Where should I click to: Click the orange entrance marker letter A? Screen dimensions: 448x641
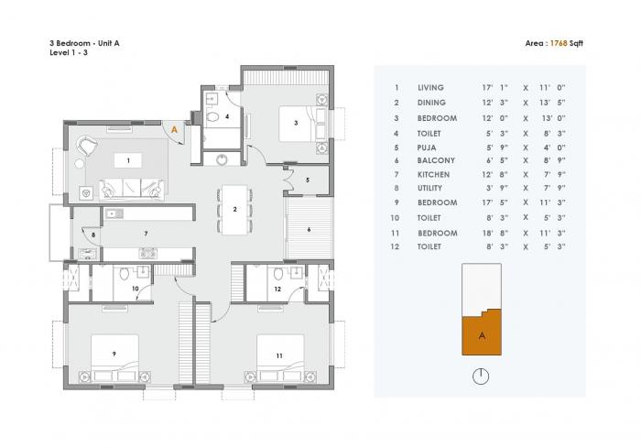click(x=175, y=130)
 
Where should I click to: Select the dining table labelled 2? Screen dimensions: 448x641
click(x=235, y=210)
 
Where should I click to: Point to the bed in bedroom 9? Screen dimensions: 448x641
click(x=114, y=355)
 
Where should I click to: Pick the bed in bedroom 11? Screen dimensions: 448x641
click(x=280, y=355)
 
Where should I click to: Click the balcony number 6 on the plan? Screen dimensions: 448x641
click(x=309, y=229)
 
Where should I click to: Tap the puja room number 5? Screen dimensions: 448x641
click(x=309, y=180)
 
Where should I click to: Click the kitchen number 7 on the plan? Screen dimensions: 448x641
click(x=145, y=235)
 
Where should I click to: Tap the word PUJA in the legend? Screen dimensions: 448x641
click(x=426, y=146)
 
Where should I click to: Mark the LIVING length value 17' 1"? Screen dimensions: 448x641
click(x=494, y=88)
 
